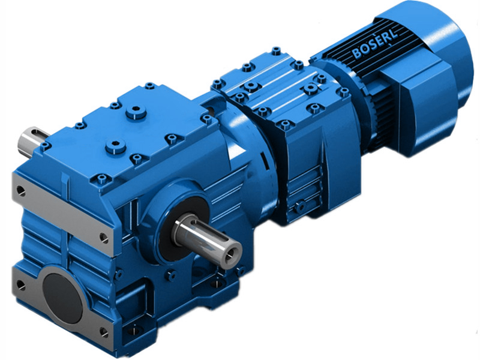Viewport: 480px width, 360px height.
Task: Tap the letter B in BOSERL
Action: point(356,55)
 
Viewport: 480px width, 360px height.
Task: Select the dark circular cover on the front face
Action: point(62,298)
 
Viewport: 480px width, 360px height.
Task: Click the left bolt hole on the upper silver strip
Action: point(20,190)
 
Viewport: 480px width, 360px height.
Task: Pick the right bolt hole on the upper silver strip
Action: point(104,238)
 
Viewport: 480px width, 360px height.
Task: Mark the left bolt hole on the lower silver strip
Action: point(22,284)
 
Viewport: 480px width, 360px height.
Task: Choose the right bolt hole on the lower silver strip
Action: point(103,331)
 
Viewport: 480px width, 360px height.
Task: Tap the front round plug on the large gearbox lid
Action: point(114,146)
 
